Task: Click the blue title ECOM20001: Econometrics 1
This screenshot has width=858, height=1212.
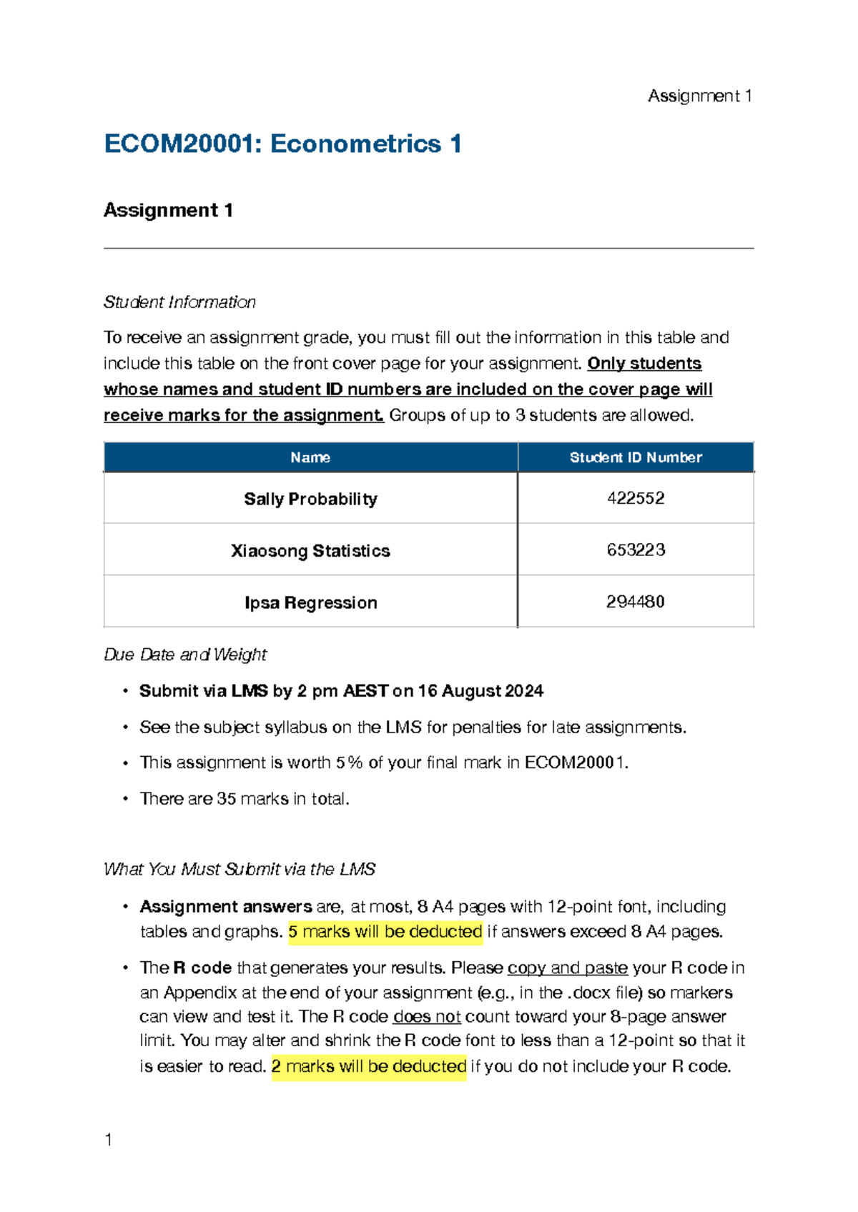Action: click(282, 144)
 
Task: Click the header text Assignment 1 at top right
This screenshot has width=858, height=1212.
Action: click(699, 96)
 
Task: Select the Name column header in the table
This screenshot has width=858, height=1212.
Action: click(310, 457)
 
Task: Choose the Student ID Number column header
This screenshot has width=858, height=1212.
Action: click(636, 457)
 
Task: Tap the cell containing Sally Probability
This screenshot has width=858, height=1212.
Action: click(310, 499)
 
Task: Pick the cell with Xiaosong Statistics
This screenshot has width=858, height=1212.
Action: click(310, 551)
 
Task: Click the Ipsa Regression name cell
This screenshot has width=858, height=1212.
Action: click(310, 602)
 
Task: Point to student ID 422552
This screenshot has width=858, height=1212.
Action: click(636, 498)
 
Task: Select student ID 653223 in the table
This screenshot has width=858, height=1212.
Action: click(636, 550)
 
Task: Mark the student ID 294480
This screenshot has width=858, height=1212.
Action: click(636, 602)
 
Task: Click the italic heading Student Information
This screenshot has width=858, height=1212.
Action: click(179, 302)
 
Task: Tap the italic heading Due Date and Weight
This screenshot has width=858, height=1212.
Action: click(185, 655)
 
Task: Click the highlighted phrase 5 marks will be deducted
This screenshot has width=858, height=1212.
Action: click(385, 932)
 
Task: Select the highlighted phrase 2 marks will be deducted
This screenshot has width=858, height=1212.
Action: click(369, 1066)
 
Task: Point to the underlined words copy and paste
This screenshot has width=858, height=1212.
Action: click(568, 968)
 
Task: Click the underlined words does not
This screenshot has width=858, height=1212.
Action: click(427, 1017)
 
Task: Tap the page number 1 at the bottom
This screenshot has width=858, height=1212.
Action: click(109, 1140)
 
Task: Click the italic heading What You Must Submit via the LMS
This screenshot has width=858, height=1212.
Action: click(240, 870)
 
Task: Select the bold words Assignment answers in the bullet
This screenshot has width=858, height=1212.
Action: click(226, 907)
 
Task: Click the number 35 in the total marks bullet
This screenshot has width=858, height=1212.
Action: click(227, 799)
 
